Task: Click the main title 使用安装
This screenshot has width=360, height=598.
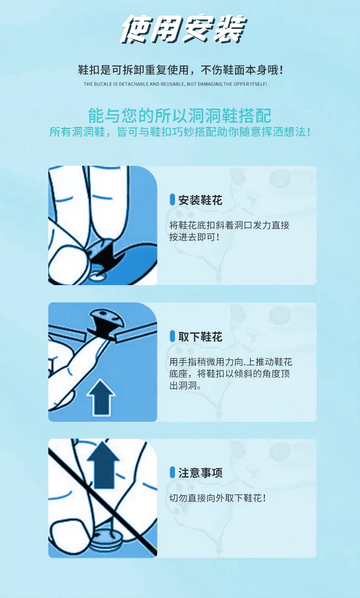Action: [184, 29]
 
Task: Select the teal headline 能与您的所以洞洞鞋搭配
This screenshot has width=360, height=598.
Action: [180, 116]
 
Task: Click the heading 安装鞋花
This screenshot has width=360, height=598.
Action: [201, 200]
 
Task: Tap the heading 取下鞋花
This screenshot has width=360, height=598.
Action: [201, 337]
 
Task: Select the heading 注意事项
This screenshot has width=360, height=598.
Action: [201, 473]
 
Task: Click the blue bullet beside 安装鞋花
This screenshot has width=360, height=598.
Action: [172, 199]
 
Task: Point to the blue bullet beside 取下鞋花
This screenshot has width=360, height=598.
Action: [172, 336]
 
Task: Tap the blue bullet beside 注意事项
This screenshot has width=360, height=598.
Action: [172, 472]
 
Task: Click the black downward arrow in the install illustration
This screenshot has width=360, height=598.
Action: [107, 256]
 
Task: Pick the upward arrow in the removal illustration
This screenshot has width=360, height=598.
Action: [101, 397]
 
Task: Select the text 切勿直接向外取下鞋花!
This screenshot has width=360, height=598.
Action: [218, 498]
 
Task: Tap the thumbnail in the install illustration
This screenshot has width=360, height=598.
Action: [67, 264]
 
